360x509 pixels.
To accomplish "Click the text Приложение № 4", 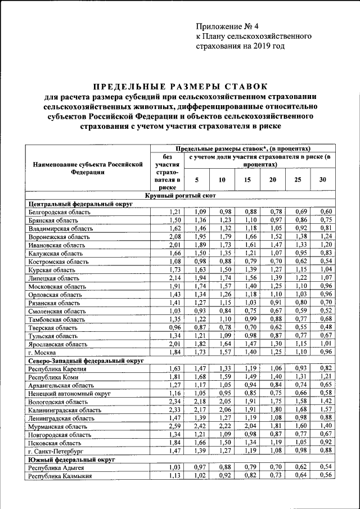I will click(x=227, y=26).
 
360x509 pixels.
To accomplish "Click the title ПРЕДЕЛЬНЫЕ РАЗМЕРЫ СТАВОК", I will click(x=179, y=87).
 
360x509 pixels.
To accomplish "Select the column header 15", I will click(x=247, y=179).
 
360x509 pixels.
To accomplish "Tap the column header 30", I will click(x=322, y=179).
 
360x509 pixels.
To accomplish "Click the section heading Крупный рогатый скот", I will click(x=179, y=195).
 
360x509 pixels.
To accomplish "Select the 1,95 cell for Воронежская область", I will click(x=197, y=237).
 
